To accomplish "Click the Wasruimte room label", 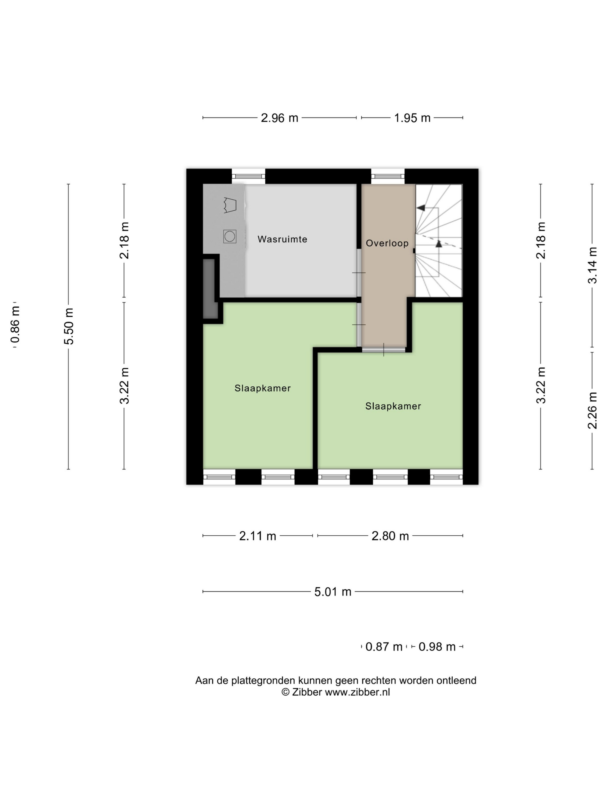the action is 282,239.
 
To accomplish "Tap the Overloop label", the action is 387,243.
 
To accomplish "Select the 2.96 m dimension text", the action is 280,118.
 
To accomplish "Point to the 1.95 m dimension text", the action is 412,118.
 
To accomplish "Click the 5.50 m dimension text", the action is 69,326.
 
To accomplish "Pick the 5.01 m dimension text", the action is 333,592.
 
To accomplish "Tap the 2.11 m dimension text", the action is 258,536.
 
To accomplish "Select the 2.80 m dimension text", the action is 390,536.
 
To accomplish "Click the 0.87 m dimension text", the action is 384,647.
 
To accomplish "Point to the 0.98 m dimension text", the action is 437,647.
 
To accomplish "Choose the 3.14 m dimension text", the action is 592,265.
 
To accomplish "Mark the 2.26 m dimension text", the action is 592,410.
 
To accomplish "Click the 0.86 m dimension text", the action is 15,325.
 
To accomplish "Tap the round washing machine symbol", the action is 230,237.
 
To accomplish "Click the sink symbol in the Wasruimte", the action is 230,205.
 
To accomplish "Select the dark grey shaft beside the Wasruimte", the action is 210,289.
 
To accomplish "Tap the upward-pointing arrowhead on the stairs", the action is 439,244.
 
